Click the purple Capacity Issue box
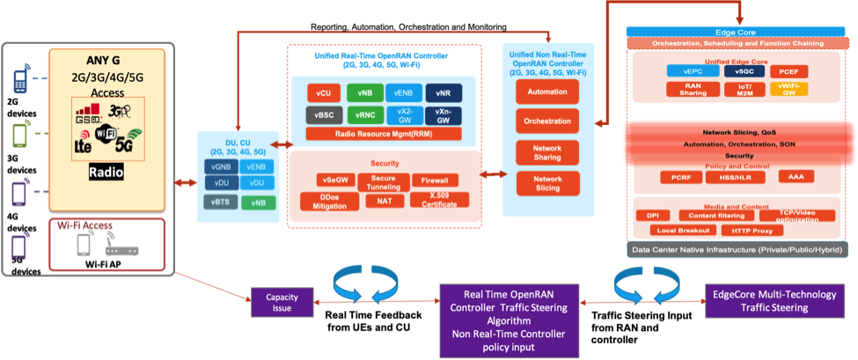[282, 302]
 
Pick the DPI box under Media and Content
[652, 214]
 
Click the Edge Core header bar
[737, 31]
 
